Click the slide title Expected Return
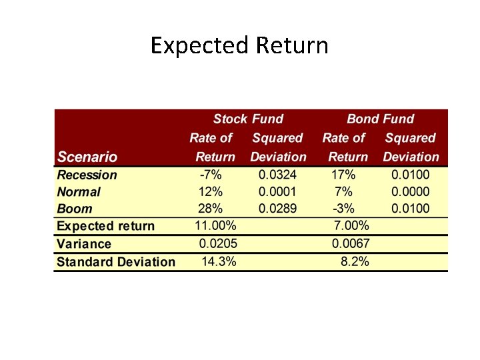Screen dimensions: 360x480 (x=239, y=46)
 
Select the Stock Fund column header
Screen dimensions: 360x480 (x=248, y=119)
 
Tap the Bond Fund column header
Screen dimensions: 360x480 (x=380, y=119)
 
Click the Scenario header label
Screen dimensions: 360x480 (x=87, y=157)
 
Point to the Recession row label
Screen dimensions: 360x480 (x=87, y=175)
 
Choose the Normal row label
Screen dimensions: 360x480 (x=79, y=192)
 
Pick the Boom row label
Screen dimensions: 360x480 (x=75, y=209)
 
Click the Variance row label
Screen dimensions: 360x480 (x=84, y=244)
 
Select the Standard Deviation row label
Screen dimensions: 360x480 (x=116, y=262)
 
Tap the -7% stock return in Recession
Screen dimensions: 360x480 (x=211, y=175)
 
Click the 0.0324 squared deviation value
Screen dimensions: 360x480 (x=278, y=175)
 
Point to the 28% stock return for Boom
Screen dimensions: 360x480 (x=211, y=209)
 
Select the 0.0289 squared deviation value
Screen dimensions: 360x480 (x=278, y=209)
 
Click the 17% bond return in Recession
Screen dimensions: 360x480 (x=343, y=175)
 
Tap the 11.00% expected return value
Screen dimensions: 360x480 (x=216, y=225)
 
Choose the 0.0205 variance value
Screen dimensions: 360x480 (x=218, y=244)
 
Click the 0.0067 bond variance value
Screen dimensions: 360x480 (x=351, y=244)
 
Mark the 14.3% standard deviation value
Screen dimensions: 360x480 (x=219, y=262)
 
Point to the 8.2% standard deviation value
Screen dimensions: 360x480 (x=355, y=262)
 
